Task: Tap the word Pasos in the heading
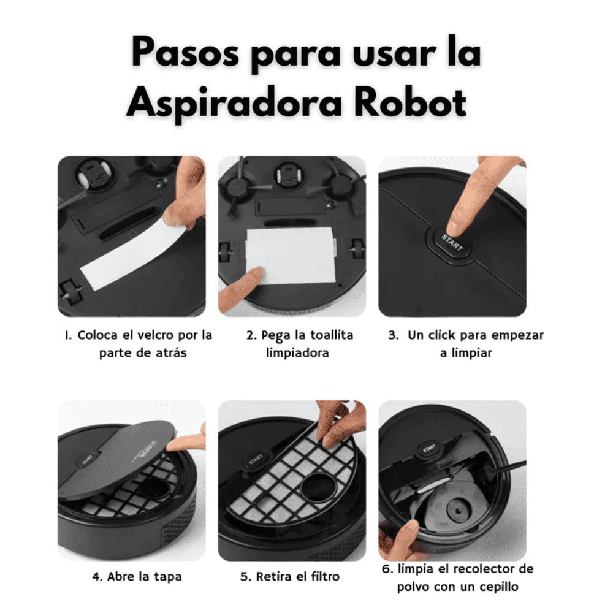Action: (185, 52)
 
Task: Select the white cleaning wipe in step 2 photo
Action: (291, 256)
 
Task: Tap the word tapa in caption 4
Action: (167, 577)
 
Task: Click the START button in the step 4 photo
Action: (88, 460)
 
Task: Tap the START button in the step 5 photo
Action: (256, 459)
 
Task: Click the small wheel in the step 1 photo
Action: (72, 293)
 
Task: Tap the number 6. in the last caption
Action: (387, 569)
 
